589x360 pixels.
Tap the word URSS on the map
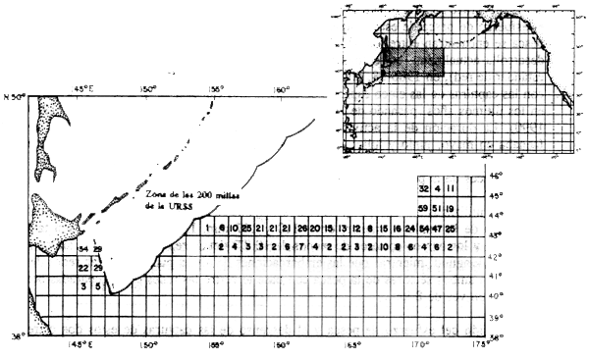click(x=178, y=208)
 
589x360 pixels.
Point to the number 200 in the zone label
click(x=199, y=195)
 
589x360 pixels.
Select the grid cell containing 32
click(x=423, y=187)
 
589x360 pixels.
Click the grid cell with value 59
click(x=423, y=208)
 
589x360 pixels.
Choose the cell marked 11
click(x=451, y=187)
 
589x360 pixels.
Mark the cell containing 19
click(x=451, y=208)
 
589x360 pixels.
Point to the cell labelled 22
click(x=83, y=268)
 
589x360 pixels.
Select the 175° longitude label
click(x=479, y=344)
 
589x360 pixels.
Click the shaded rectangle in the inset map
click(x=413, y=61)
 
